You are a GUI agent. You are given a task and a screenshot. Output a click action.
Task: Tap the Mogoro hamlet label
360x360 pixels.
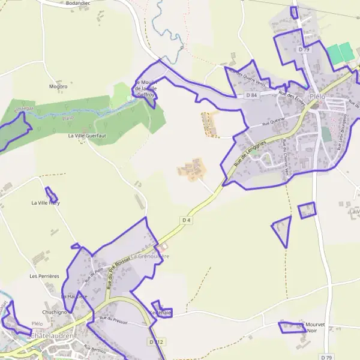coord(58,86)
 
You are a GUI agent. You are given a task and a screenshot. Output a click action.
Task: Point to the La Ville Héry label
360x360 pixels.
coord(46,203)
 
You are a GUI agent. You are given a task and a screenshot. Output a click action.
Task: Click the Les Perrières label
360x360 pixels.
coord(44,276)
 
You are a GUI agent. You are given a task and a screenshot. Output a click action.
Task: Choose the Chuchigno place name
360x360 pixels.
coord(55,313)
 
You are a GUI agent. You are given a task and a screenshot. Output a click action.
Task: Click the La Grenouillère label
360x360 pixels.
coord(150,256)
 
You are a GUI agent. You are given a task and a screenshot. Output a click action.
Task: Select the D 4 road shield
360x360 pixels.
coord(186,220)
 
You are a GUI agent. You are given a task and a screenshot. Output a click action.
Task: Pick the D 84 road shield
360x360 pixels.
coord(251,95)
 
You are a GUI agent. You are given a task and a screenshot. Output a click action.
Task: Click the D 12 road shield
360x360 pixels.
coord(155,341)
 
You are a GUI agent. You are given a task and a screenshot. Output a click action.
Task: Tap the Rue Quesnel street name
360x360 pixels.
coord(273,122)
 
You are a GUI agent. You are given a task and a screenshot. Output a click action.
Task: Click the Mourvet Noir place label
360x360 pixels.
coord(316,328)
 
